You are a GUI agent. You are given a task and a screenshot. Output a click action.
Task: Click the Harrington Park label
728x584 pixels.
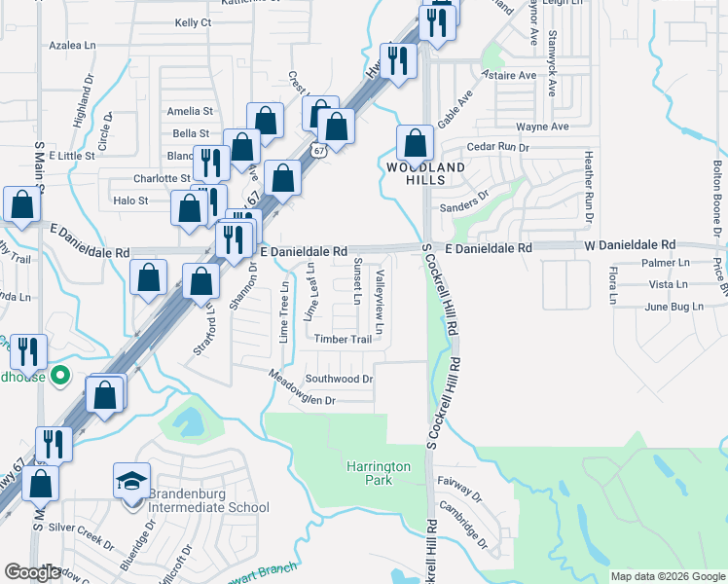[378, 473]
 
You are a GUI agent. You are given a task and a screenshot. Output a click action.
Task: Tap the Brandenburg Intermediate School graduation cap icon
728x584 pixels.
[131, 481]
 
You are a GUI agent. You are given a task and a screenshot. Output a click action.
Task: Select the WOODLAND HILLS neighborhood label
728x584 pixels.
[425, 167]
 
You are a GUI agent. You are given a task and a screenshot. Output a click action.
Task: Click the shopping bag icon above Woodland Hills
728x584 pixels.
[415, 143]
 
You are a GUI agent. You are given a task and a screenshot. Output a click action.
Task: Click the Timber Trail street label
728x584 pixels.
[343, 340]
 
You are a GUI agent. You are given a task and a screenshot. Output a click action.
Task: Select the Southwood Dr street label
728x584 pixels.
[339, 379]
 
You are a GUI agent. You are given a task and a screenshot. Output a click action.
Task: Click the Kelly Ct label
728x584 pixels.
[193, 22]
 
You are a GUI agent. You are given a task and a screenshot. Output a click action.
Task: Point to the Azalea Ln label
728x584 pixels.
[74, 46]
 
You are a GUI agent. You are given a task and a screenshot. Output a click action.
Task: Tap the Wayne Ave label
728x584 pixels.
[542, 127]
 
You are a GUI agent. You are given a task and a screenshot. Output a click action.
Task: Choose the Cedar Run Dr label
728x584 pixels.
[497, 147]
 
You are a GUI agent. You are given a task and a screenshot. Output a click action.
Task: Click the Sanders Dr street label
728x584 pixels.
[463, 195]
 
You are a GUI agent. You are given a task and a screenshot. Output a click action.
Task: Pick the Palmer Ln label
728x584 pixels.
[666, 263]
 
